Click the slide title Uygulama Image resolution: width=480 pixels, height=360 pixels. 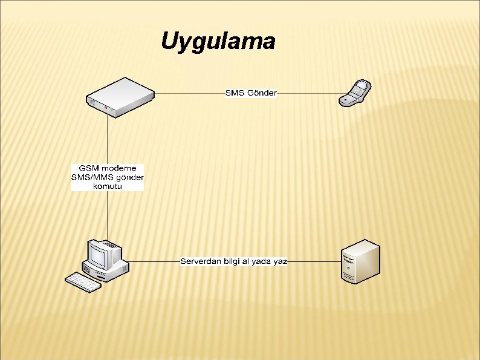(218, 41)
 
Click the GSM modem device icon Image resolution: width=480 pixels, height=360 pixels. (120, 97)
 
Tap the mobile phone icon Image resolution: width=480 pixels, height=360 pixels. (355, 93)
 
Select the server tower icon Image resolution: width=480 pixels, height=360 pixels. (360, 261)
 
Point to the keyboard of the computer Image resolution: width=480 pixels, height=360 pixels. (83, 282)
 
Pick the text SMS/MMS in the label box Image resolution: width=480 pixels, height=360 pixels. (91, 177)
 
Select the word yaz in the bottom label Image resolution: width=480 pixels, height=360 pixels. (281, 261)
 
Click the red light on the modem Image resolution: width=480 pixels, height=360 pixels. (105, 108)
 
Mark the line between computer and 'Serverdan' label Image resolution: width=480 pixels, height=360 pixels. (154, 261)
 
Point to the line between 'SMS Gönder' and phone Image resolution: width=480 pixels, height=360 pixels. (308, 93)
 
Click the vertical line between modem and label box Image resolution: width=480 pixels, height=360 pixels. (108, 139)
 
